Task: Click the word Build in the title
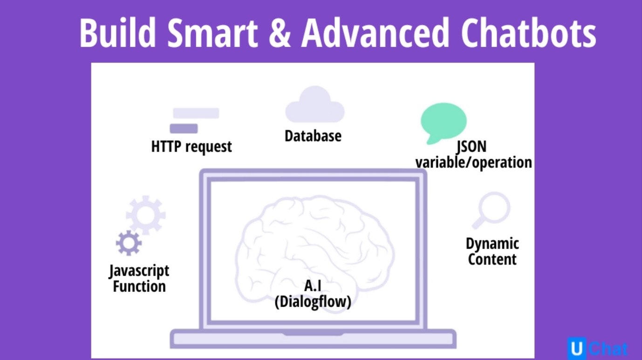pos(117,33)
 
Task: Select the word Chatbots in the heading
pos(528,33)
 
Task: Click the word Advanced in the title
pos(375,33)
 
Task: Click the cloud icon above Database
pos(314,105)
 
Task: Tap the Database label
pos(313,136)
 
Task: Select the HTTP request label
pos(191,147)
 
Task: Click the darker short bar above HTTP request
pos(184,129)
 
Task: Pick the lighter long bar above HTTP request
pos(196,113)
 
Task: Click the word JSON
pos(471,147)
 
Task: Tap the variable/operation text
pos(473,163)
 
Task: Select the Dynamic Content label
pos(492,251)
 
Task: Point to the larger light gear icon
pos(146,215)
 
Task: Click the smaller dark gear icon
pos(129,243)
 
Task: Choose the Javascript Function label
pos(139,278)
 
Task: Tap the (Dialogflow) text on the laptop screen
pos(313,302)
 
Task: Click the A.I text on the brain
pos(313,286)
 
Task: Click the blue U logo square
pos(577,348)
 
